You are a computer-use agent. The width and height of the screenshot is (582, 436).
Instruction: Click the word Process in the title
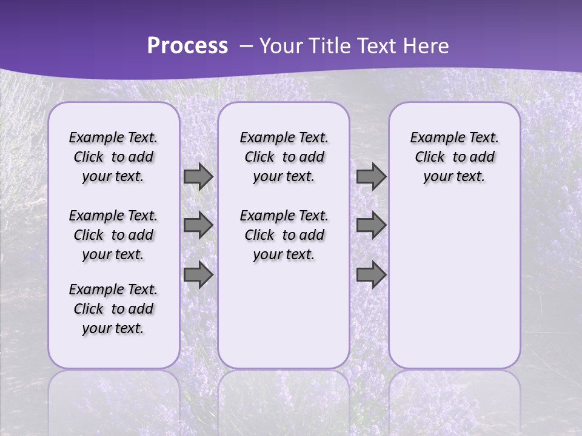187,46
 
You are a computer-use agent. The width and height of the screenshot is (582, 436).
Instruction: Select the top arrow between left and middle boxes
198,176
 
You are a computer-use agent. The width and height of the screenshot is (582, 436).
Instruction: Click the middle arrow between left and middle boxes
198,225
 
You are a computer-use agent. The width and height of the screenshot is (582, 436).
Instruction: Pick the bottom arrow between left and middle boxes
198,275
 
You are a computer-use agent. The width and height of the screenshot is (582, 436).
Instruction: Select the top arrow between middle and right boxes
371,176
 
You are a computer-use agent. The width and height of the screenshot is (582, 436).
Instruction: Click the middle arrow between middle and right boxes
371,225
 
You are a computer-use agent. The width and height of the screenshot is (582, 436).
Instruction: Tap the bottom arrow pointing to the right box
371,275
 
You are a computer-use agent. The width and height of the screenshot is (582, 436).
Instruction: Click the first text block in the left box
113,157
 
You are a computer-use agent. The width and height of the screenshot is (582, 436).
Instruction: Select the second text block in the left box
113,235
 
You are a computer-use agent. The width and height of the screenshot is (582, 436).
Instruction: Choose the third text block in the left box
113,309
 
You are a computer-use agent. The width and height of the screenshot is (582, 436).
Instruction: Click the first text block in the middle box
284,157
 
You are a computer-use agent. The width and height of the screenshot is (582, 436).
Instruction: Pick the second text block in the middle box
284,235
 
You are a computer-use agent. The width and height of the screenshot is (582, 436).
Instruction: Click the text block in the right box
455,157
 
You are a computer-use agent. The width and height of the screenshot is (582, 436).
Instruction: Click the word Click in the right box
430,157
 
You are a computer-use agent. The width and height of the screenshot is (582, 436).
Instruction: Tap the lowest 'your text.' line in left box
113,328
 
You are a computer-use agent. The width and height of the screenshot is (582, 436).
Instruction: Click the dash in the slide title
246,46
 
